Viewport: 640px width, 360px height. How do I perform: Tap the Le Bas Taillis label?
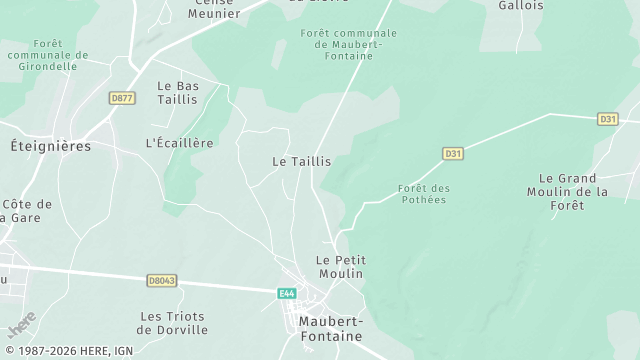178,92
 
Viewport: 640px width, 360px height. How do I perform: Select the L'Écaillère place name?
180,143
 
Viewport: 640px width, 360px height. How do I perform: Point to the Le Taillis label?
301,161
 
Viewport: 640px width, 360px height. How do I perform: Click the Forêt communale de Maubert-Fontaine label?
348,44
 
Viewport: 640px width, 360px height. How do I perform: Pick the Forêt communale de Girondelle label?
46,55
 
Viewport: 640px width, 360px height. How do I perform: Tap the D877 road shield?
122,98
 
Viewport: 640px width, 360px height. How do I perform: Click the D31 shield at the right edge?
608,119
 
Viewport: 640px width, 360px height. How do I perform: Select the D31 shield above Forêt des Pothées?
453,154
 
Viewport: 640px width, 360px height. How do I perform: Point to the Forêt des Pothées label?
423,194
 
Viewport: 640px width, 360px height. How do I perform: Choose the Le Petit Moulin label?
340,266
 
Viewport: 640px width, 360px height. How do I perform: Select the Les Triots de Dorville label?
173,322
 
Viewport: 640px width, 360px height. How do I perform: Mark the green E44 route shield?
287,292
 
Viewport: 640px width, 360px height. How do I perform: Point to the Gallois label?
520,5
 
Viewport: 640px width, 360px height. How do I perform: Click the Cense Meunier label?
214,10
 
